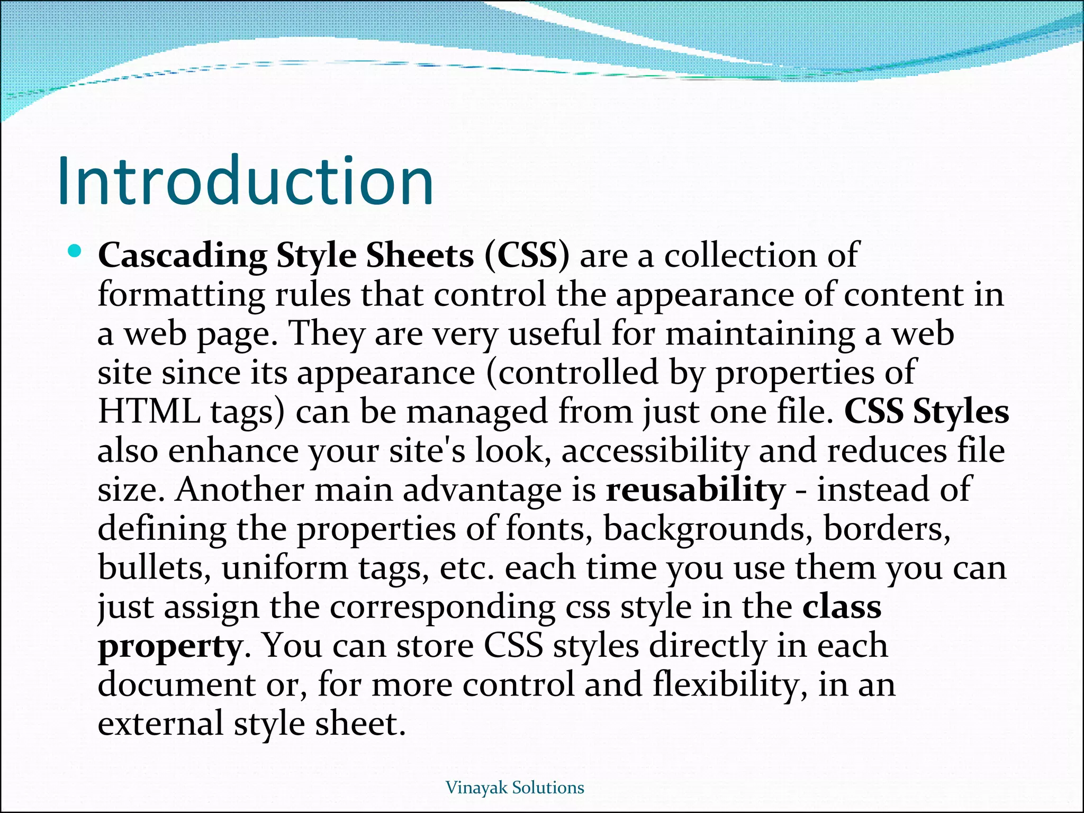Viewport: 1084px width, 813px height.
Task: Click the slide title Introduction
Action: tap(245, 181)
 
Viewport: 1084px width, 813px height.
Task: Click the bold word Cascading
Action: tap(183, 256)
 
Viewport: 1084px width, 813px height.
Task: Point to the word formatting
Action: tap(182, 295)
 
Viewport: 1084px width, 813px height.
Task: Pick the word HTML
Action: tap(149, 411)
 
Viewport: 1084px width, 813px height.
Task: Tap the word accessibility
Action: tap(655, 451)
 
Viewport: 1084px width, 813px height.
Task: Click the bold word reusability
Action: tap(695, 490)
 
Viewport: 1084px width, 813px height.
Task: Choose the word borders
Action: tap(887, 529)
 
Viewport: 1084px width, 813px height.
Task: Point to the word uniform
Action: tap(285, 568)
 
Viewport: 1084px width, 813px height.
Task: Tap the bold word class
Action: tap(842, 607)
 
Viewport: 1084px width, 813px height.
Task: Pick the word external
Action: tap(160, 724)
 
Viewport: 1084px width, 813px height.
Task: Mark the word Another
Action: tap(240, 490)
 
